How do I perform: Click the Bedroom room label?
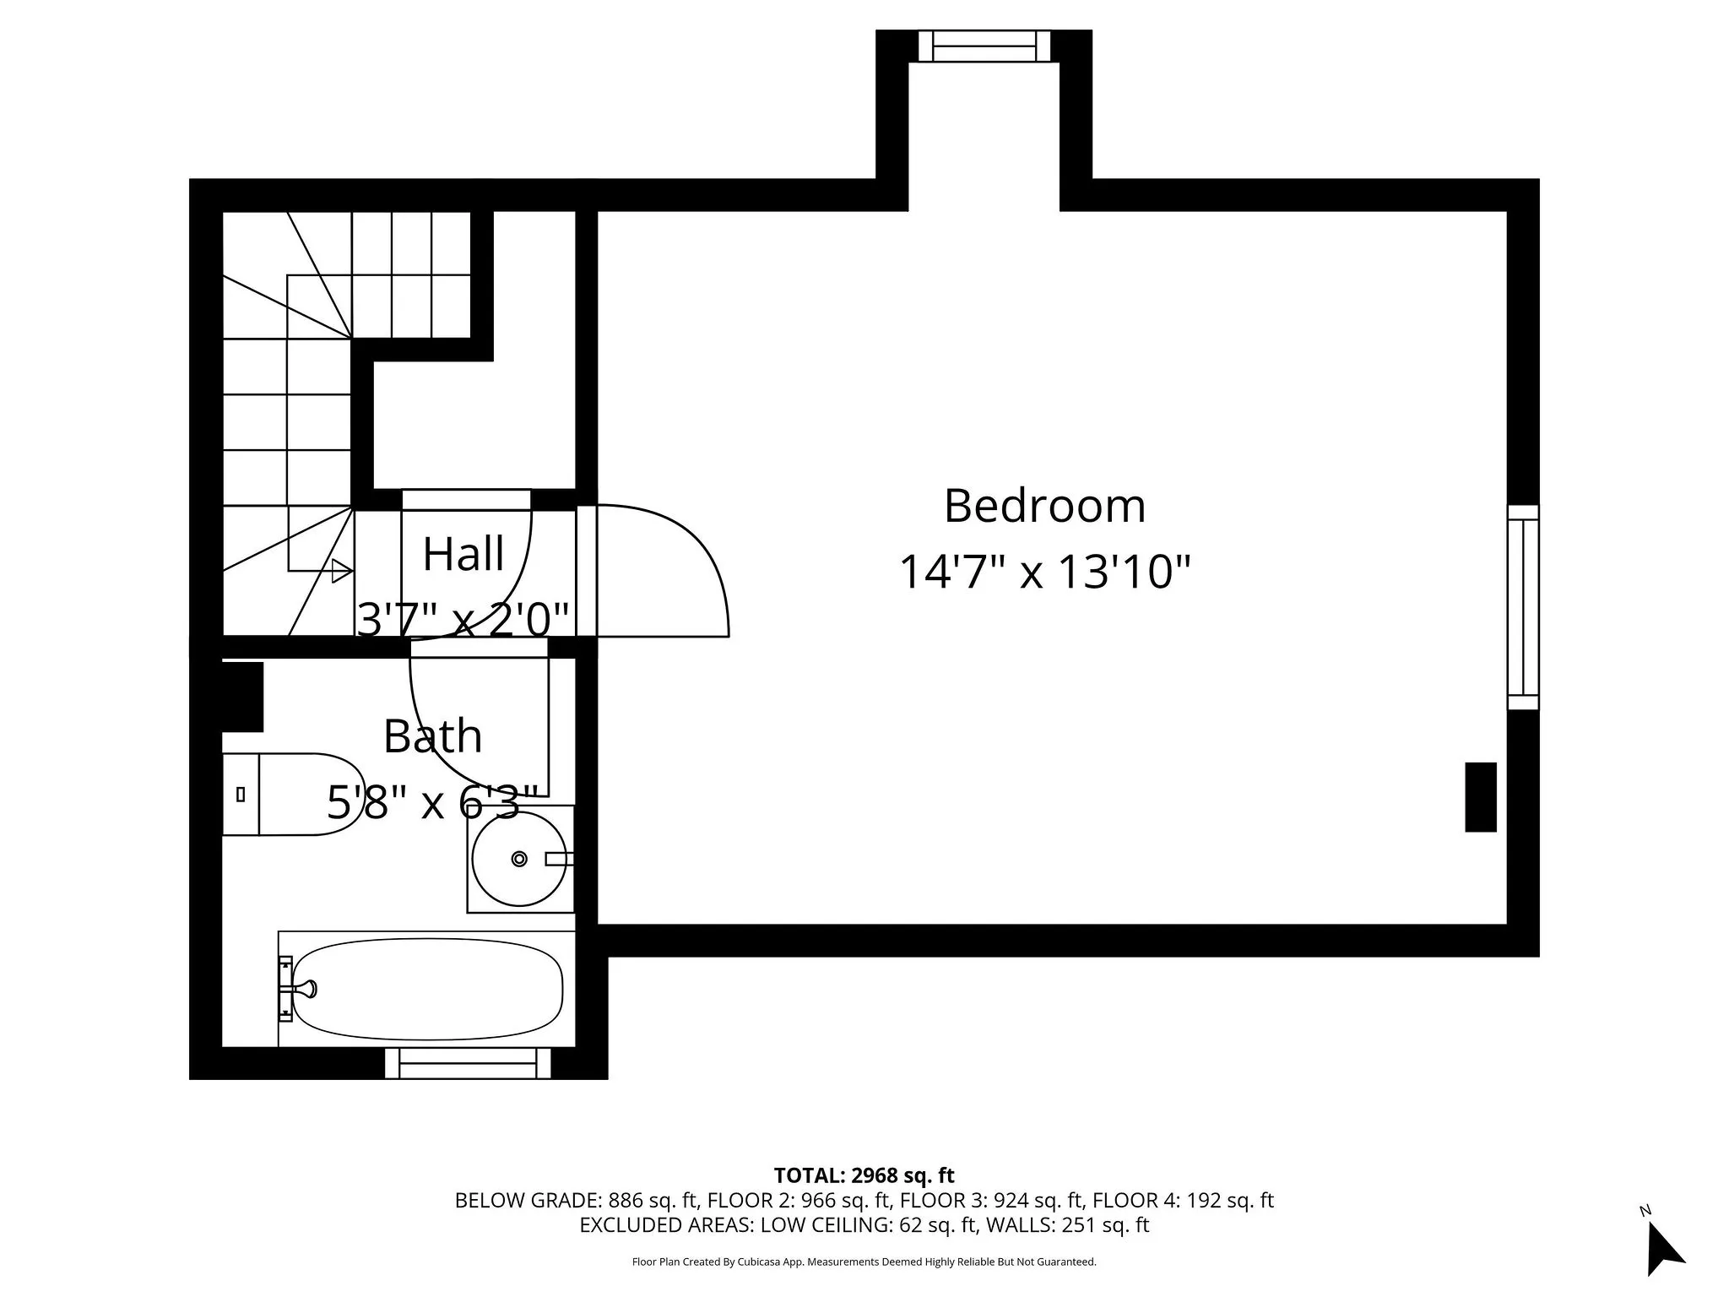point(1044,507)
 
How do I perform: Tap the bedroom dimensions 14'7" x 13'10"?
point(1044,572)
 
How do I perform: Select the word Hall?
point(463,555)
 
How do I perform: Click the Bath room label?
point(432,736)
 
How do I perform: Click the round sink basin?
point(519,859)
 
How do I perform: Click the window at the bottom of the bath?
point(468,1063)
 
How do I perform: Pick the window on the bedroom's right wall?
point(1523,607)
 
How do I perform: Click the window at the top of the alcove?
point(984,46)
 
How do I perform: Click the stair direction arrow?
point(341,571)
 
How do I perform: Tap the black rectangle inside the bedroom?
point(1480,797)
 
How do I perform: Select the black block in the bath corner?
point(243,697)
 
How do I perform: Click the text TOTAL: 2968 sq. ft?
point(864,1175)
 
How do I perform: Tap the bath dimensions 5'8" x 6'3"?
point(432,802)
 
